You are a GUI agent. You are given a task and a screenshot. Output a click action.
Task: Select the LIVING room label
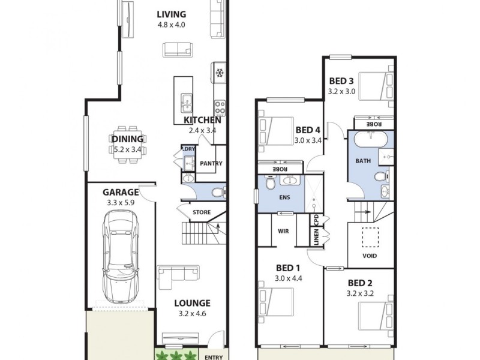pyautogui.click(x=172, y=14)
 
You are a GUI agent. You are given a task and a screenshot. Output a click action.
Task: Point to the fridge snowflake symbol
pyautogui.click(x=219, y=74)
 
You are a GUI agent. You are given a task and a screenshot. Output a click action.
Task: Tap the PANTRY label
pyautogui.click(x=211, y=163)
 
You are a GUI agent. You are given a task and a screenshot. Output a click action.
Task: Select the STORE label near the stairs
pyautogui.click(x=201, y=212)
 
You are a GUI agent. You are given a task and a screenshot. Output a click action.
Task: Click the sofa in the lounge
pyautogui.click(x=179, y=274)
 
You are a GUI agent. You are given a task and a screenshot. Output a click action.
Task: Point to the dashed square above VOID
pyautogui.click(x=371, y=237)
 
